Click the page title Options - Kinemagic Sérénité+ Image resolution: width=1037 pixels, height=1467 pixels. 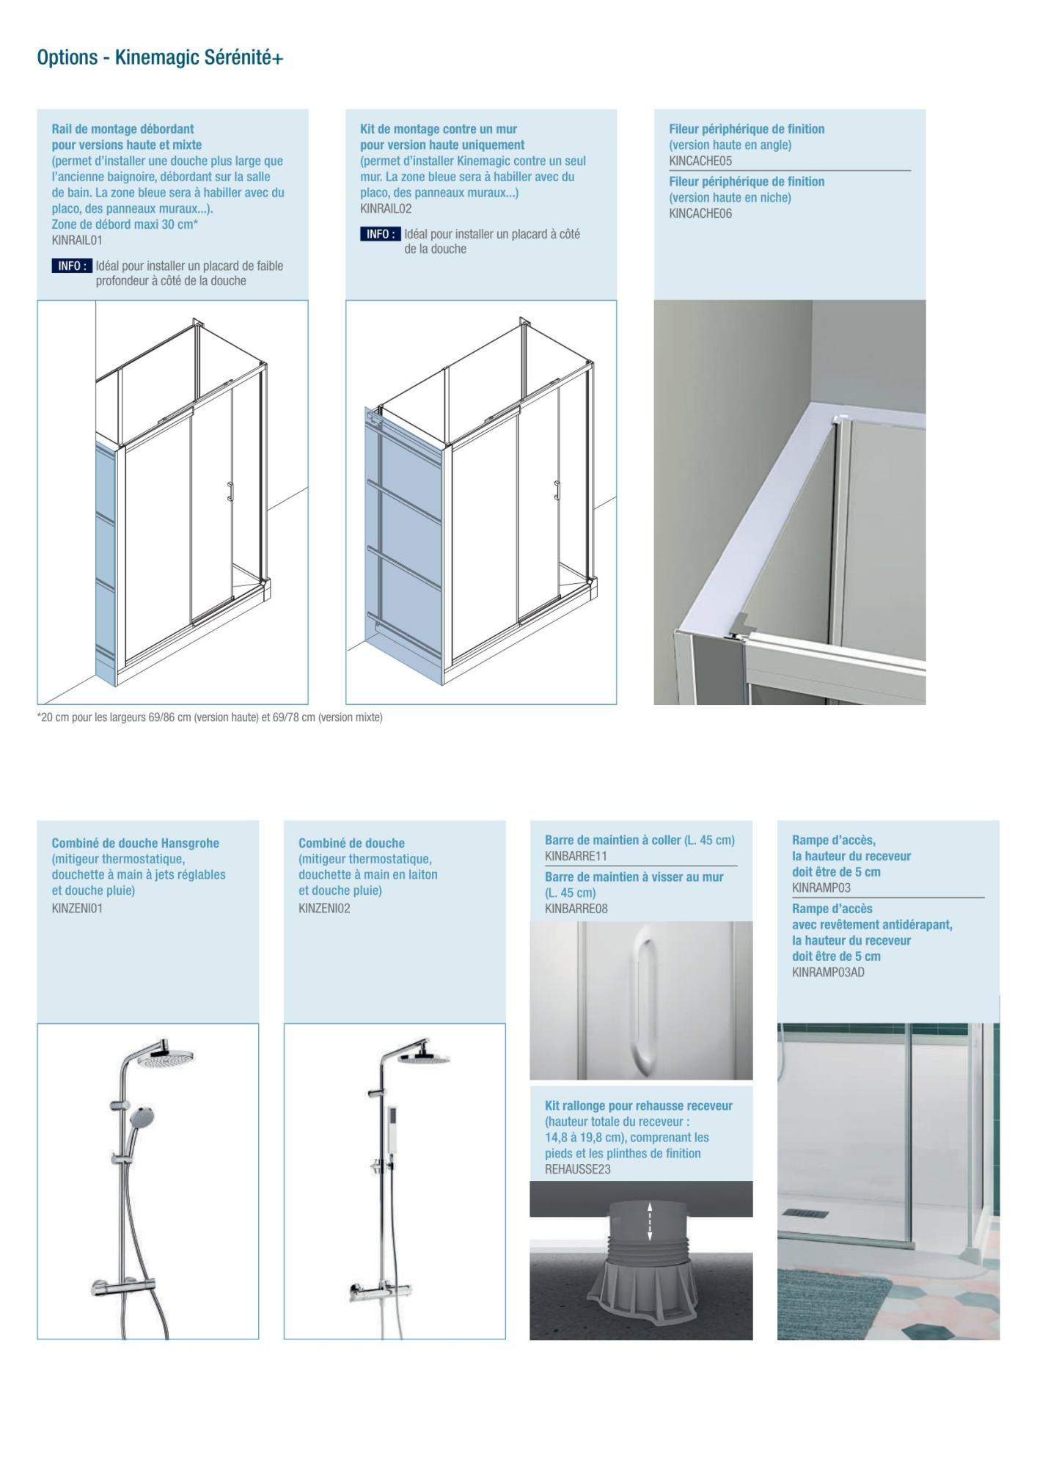click(160, 58)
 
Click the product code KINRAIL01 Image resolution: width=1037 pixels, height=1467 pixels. click(77, 241)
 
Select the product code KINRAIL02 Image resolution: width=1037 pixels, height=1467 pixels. click(386, 209)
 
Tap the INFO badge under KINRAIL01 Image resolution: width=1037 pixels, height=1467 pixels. click(72, 266)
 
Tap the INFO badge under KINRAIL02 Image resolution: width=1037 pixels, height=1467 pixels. click(380, 235)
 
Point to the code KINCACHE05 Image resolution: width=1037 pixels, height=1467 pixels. click(700, 161)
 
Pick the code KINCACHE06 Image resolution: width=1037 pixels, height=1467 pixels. click(700, 214)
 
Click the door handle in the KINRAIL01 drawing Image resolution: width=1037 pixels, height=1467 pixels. click(230, 491)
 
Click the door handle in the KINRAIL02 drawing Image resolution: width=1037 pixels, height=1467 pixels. click(557, 490)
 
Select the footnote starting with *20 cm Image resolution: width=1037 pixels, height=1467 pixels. click(210, 717)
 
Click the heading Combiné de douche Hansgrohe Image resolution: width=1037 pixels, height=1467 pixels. click(135, 844)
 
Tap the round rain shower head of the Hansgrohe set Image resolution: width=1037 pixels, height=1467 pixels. click(168, 1060)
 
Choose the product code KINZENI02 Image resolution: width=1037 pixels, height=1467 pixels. click(324, 909)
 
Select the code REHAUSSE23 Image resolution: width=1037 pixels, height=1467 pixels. click(577, 1170)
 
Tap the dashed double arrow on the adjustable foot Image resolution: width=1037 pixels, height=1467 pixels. click(649, 1222)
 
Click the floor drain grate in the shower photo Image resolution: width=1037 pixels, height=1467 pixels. click(806, 1214)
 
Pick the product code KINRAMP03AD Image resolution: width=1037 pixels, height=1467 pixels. click(828, 973)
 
